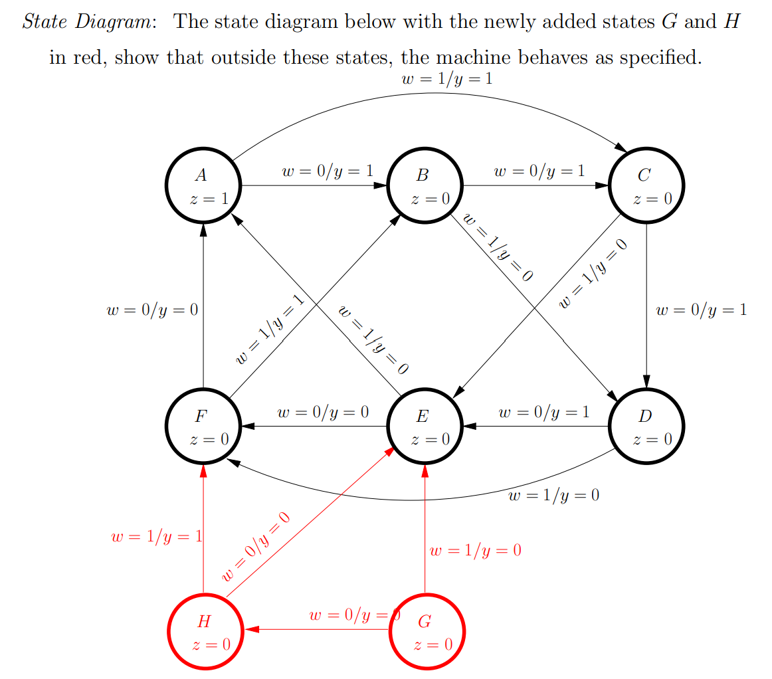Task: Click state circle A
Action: click(x=203, y=185)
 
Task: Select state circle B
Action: click(x=425, y=185)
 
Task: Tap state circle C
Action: click(x=646, y=185)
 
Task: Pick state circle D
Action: click(x=646, y=426)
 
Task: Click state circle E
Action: click(x=425, y=426)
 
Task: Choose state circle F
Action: click(x=203, y=426)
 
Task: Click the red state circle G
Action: click(x=427, y=630)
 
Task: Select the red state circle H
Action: click(x=205, y=630)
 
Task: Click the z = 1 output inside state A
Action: click(x=208, y=199)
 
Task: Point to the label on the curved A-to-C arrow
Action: click(x=447, y=79)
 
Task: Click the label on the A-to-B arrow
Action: click(x=327, y=171)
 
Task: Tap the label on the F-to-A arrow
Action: click(x=152, y=310)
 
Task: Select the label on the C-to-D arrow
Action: click(x=701, y=310)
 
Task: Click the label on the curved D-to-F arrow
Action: click(x=553, y=496)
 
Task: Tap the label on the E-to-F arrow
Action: click(x=323, y=413)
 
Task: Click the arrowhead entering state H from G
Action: click(x=250, y=629)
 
